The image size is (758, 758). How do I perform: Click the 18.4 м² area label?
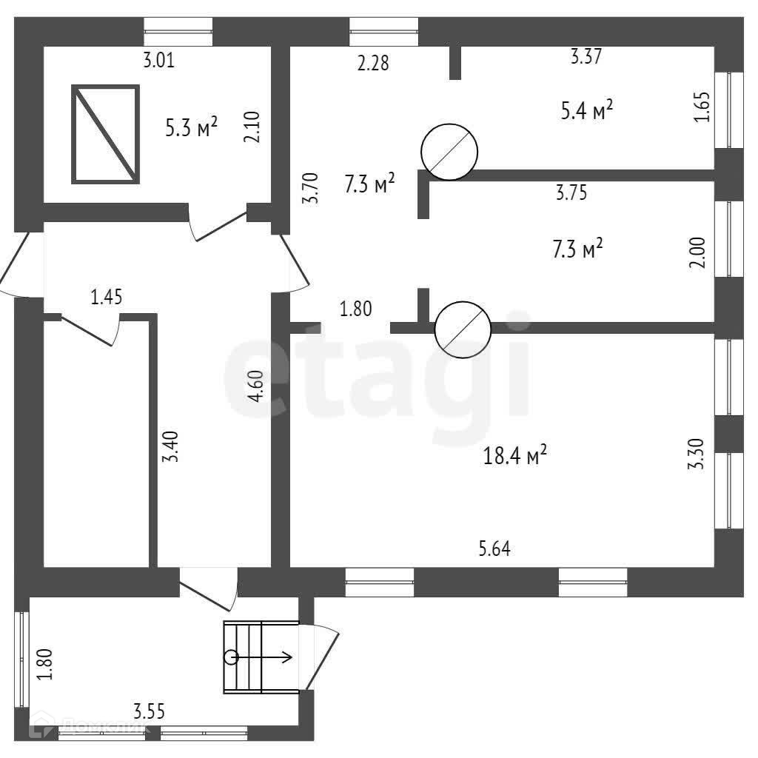pyautogui.click(x=515, y=456)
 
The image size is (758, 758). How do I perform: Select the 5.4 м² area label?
pyautogui.click(x=587, y=111)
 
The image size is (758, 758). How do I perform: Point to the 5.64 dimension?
pyautogui.click(x=495, y=549)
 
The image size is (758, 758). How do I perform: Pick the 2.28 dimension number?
pyautogui.click(x=372, y=63)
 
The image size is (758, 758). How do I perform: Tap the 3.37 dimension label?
pyautogui.click(x=586, y=56)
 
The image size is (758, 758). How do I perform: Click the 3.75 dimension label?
pyautogui.click(x=571, y=193)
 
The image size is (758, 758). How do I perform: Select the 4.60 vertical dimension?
pyautogui.click(x=256, y=386)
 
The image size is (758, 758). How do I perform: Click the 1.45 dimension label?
pyautogui.click(x=107, y=298)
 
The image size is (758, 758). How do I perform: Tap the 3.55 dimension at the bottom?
pyautogui.click(x=149, y=712)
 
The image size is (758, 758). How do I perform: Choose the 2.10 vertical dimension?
pyautogui.click(x=253, y=127)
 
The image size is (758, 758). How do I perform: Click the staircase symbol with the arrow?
pyautogui.click(x=260, y=657)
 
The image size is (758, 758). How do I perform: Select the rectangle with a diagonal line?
pyautogui.click(x=105, y=134)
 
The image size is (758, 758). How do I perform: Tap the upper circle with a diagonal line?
pyautogui.click(x=449, y=152)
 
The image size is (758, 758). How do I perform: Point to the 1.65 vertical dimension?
pyautogui.click(x=702, y=107)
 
